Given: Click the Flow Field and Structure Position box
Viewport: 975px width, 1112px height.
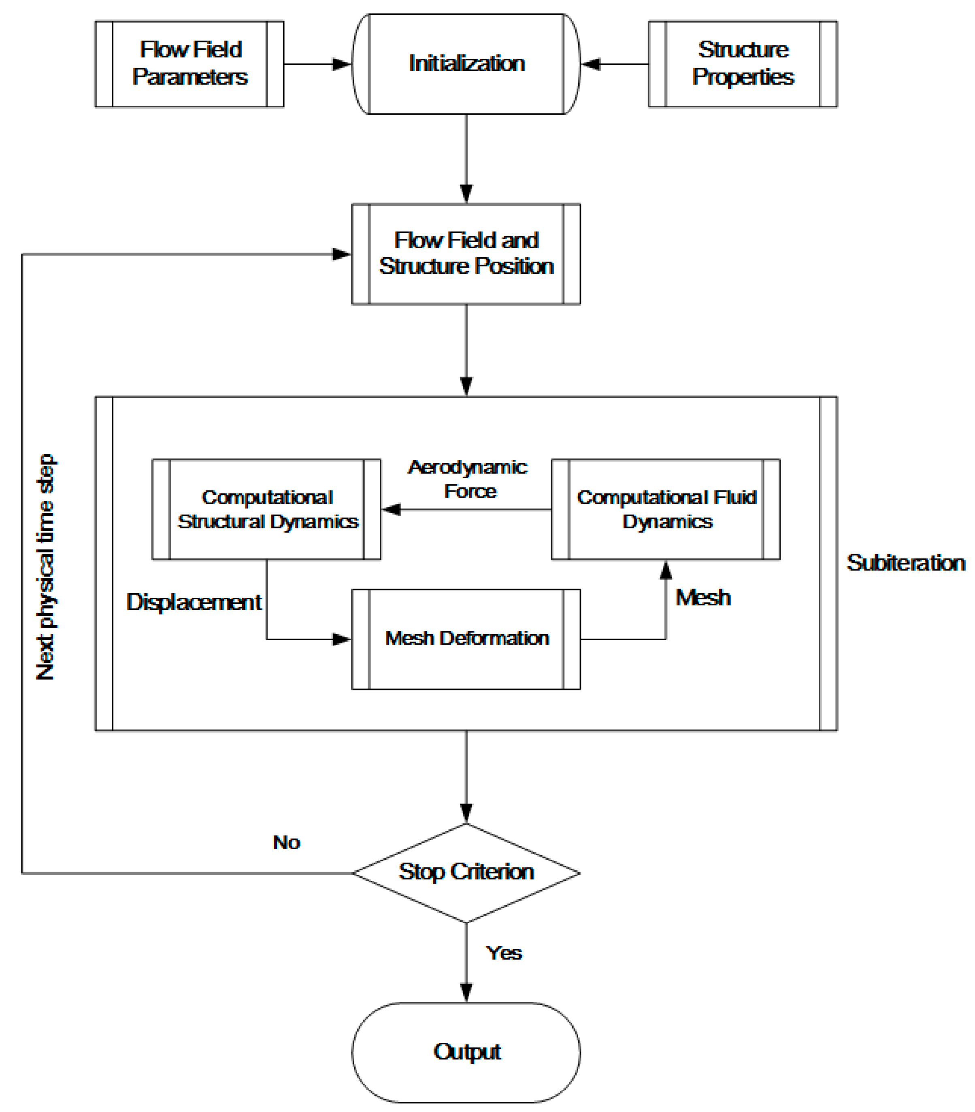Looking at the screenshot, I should coord(466,254).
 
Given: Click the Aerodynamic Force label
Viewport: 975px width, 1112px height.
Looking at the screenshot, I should coord(468,479).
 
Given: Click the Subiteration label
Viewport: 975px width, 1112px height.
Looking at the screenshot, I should coord(905,562).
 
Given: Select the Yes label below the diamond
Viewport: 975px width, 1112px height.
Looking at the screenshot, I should coord(504,953).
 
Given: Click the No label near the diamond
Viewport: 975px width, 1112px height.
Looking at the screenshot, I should coord(286,843).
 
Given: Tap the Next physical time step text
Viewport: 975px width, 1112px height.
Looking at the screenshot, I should coord(46,567).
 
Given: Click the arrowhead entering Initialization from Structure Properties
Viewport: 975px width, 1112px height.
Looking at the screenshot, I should coord(591,64).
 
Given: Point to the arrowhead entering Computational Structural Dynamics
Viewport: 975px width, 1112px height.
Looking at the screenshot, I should coord(391,510).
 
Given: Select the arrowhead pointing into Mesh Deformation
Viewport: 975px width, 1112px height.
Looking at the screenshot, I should coord(342,639).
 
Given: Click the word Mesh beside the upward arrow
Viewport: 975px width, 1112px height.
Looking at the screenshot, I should coord(703,598).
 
